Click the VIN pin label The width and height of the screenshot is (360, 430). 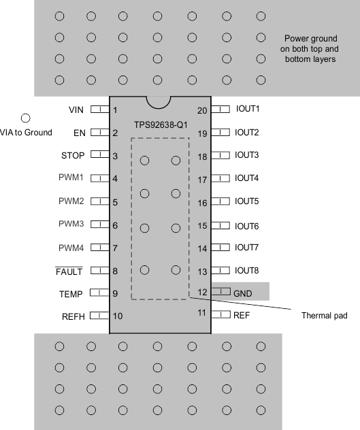(x=76, y=110)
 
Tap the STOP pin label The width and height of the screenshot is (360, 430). (x=73, y=156)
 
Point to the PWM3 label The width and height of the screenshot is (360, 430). (x=71, y=224)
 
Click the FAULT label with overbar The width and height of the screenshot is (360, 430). (x=69, y=271)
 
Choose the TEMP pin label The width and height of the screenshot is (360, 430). (x=71, y=294)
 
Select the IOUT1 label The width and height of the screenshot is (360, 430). (x=248, y=109)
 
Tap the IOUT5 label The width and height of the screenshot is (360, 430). (x=246, y=201)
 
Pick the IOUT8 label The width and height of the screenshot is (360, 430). (x=246, y=271)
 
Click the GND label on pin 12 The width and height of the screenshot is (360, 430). (x=243, y=293)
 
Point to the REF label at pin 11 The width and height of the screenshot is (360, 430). (x=242, y=316)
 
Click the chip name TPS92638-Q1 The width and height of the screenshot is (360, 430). (x=160, y=127)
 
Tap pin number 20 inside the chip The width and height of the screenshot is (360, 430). (x=202, y=110)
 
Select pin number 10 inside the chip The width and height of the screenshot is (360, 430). (x=118, y=316)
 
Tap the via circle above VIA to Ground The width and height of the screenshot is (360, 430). (x=27, y=118)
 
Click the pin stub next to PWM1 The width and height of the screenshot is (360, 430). (x=100, y=178)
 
